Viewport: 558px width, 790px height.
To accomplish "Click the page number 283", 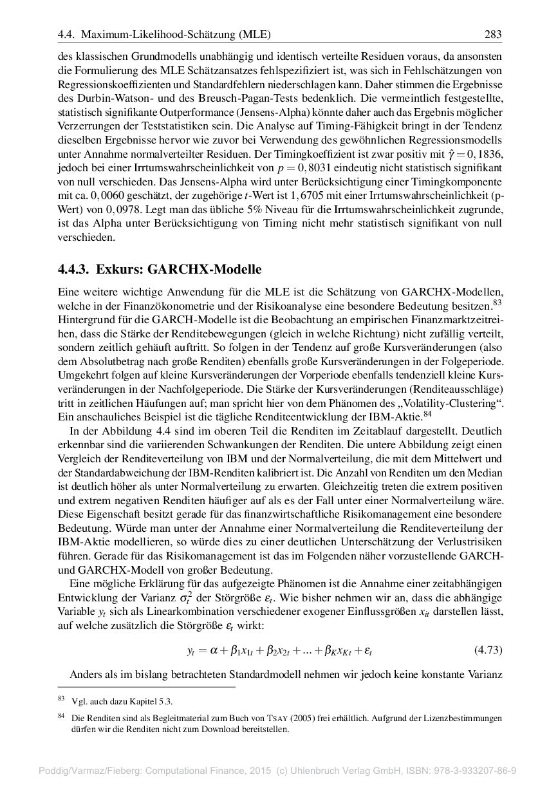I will pyautogui.click(x=492, y=34).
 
